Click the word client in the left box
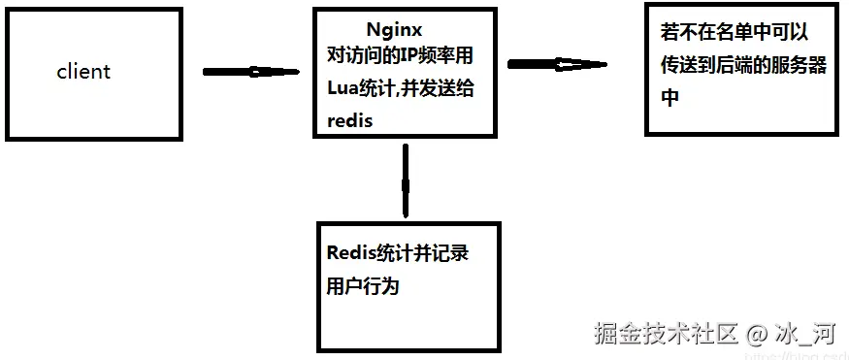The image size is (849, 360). click(x=83, y=72)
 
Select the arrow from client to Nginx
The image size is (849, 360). click(x=250, y=72)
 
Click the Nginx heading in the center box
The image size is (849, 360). click(x=395, y=30)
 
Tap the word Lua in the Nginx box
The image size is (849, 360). click(x=344, y=90)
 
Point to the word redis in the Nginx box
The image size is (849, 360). click(x=350, y=119)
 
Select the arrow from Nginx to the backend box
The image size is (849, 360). click(x=557, y=65)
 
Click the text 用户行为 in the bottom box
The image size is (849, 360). click(x=363, y=286)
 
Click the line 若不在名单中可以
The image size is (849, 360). click(x=734, y=33)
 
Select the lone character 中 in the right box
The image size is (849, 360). click(x=669, y=98)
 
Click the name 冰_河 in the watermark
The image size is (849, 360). click(x=805, y=335)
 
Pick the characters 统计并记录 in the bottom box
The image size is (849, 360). click(x=420, y=253)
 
